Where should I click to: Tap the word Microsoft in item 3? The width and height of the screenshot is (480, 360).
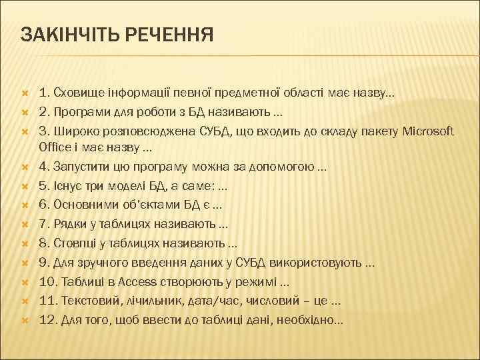pos(428,130)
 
